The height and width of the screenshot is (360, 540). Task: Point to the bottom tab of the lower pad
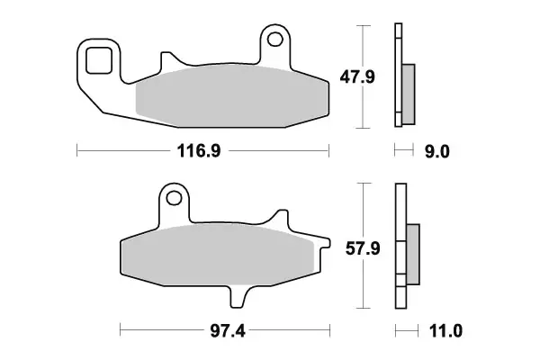(x=239, y=294)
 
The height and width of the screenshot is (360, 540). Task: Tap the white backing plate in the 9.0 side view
(x=397, y=76)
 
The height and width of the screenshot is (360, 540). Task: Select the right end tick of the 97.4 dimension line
(x=328, y=332)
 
